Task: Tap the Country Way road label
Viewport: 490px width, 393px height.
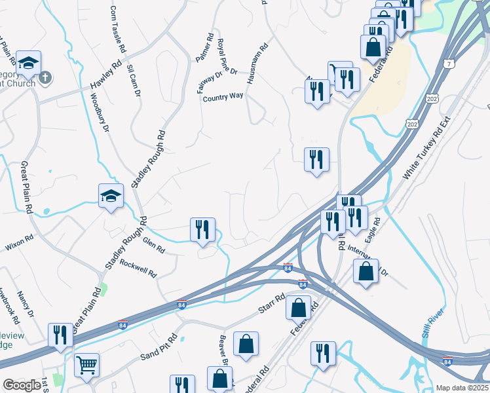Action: point(223,96)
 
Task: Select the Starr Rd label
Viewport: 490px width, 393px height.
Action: point(271,303)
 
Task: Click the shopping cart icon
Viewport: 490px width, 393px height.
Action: point(86,364)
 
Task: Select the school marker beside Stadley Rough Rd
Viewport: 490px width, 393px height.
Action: point(111,195)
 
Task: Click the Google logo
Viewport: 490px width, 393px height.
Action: point(22,385)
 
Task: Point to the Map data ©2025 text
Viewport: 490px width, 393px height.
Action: point(461,388)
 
